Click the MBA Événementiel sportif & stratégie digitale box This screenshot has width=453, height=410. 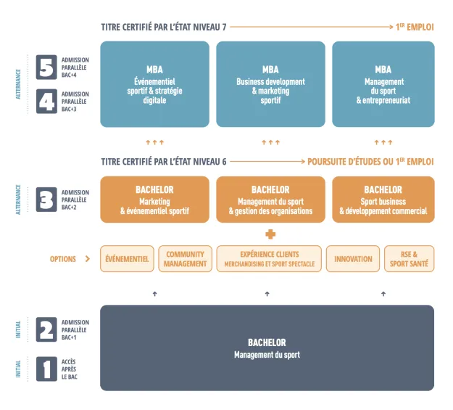click(154, 84)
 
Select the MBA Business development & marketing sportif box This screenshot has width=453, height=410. click(270, 84)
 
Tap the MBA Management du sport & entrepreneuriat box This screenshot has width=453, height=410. click(383, 84)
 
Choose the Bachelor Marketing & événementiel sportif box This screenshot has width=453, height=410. click(154, 200)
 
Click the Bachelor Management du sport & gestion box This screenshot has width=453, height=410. click(270, 200)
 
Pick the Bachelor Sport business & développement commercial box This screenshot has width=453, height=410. click(383, 200)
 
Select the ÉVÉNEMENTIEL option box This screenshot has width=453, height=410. click(127, 259)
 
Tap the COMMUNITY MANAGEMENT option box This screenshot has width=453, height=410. click(185, 259)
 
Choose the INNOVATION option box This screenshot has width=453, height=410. click(353, 259)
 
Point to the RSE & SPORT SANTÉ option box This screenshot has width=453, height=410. click(409, 259)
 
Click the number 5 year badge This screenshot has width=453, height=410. click(46, 67)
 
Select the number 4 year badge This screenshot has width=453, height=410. click(46, 101)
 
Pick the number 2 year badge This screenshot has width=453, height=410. click(46, 329)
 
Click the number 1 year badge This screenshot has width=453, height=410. click(46, 368)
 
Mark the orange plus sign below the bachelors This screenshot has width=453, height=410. click(270, 234)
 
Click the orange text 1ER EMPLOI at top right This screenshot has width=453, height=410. click(414, 28)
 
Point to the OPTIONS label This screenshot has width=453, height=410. click(63, 259)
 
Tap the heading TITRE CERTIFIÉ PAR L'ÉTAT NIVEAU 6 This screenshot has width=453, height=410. click(164, 162)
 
